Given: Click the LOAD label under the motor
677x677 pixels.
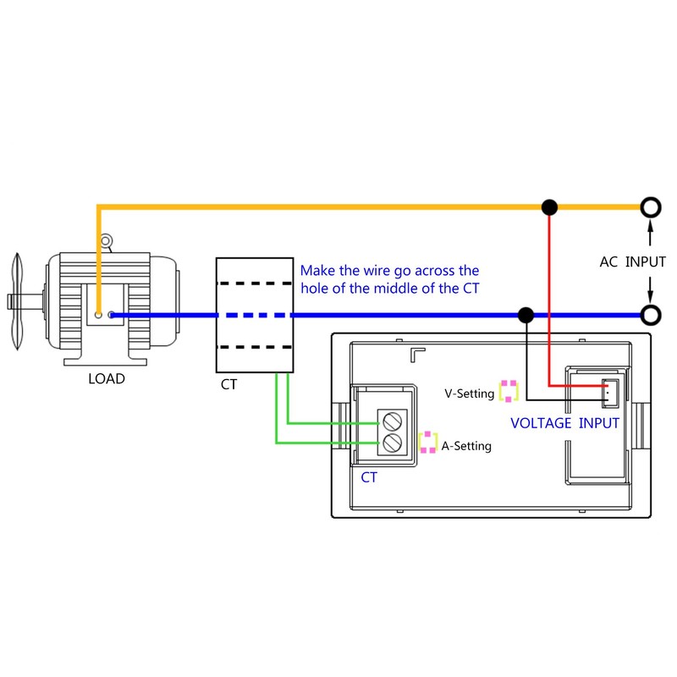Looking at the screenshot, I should pyautogui.click(x=106, y=379).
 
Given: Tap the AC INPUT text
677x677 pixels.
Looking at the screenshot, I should pyautogui.click(x=632, y=261).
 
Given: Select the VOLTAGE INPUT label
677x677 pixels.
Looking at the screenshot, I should pyautogui.click(x=564, y=423).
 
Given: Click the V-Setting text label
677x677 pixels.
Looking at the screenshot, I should pyautogui.click(x=469, y=394).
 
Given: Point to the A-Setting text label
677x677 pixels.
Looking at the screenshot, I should pyautogui.click(x=465, y=446).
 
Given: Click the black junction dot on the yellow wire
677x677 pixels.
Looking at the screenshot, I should pyautogui.click(x=549, y=206).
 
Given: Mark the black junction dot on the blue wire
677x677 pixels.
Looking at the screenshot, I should pyautogui.click(x=526, y=315).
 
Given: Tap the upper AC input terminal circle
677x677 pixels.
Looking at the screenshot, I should pyautogui.click(x=650, y=206).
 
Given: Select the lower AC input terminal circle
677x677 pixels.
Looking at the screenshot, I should pyautogui.click(x=650, y=315).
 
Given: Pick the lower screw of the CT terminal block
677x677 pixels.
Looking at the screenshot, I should pyautogui.click(x=392, y=443).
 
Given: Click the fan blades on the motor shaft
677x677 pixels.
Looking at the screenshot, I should pyautogui.click(x=18, y=300).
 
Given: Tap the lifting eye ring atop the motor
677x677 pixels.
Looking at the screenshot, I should pyautogui.click(x=106, y=241).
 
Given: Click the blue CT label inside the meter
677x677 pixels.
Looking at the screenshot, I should pyautogui.click(x=369, y=477).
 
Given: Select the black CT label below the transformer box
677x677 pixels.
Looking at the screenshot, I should pyautogui.click(x=228, y=385).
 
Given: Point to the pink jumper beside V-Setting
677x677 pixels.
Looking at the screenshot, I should pyautogui.click(x=509, y=391).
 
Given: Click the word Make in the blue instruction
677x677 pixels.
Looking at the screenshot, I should pyautogui.click(x=316, y=272).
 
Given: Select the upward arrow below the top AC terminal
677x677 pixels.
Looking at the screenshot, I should pyautogui.click(x=650, y=231).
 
